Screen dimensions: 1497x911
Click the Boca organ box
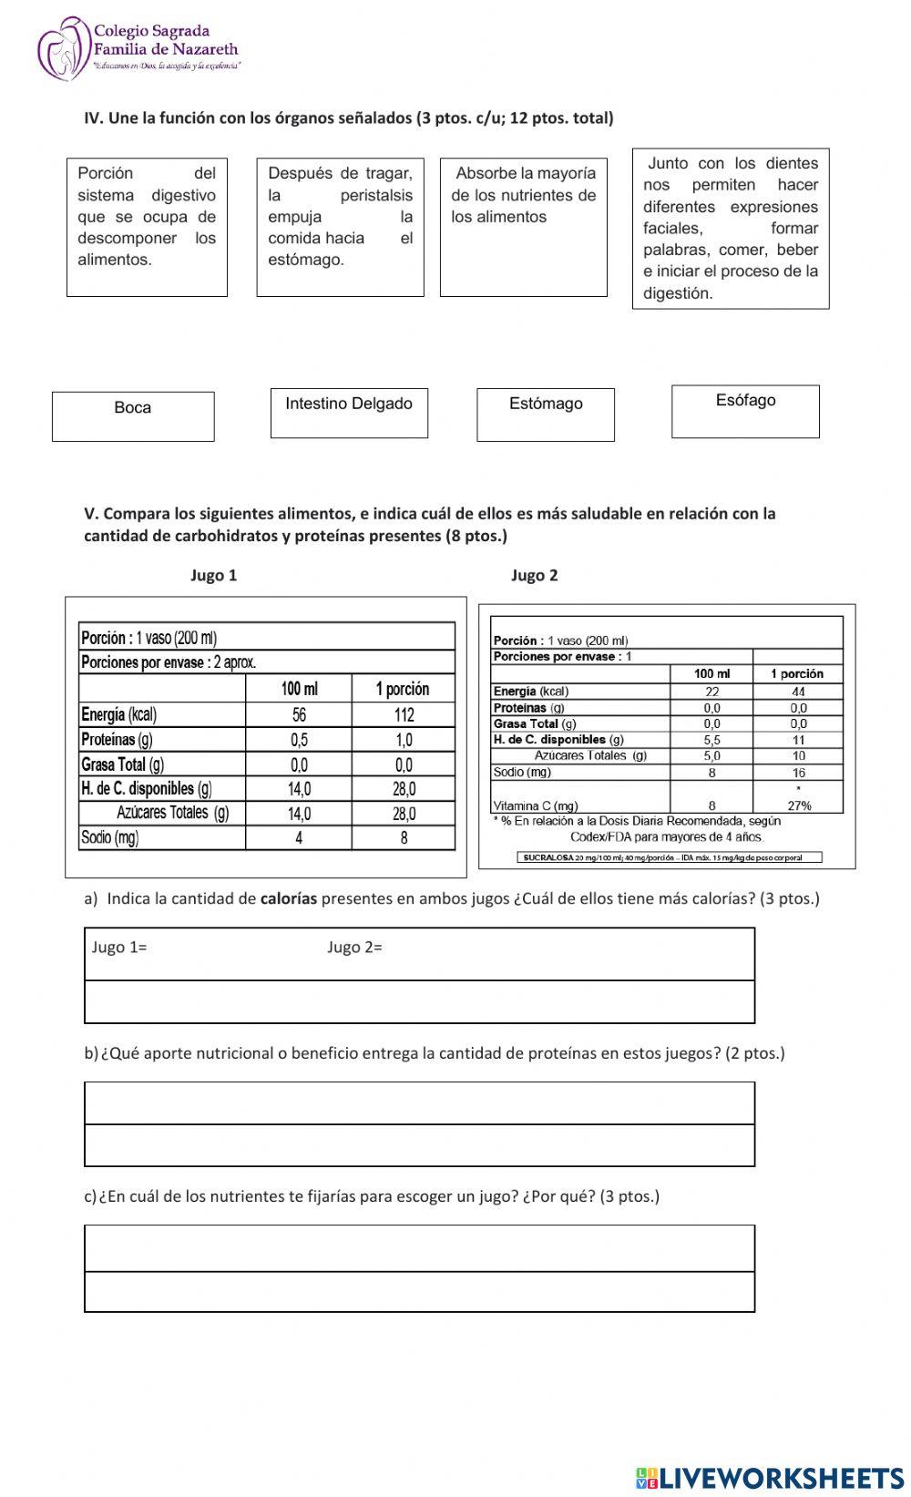(x=133, y=416)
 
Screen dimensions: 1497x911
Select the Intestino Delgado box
(x=349, y=413)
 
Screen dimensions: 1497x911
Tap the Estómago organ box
(x=545, y=415)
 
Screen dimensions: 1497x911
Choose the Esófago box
(x=745, y=411)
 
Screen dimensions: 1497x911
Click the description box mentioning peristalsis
(x=340, y=227)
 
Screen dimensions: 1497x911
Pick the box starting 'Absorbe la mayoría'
(x=523, y=227)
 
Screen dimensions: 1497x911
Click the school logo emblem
(x=62, y=47)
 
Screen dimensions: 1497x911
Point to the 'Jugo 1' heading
(x=213, y=575)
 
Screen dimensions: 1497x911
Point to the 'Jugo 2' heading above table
(x=534, y=575)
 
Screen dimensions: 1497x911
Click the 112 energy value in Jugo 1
(x=404, y=715)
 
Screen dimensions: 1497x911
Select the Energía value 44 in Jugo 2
(x=798, y=692)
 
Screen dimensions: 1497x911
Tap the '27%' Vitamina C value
(x=798, y=805)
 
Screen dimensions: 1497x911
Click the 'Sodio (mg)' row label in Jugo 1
(x=109, y=837)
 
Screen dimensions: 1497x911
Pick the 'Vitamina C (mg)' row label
(x=535, y=805)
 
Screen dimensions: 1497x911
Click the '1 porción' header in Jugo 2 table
(x=797, y=673)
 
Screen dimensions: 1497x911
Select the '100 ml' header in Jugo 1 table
(x=299, y=689)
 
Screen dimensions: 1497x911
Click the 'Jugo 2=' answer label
(x=354, y=948)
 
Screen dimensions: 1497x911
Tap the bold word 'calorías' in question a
(x=289, y=898)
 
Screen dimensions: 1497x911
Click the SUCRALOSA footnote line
(x=670, y=857)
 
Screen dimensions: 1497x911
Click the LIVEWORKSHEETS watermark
(x=770, y=1478)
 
